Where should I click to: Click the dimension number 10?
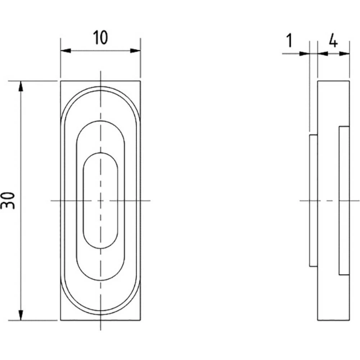100,38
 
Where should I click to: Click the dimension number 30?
8,201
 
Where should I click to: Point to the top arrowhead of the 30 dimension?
21,86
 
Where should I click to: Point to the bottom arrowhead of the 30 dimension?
21,315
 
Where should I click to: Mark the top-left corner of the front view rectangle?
60,81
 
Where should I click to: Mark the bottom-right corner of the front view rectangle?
140,320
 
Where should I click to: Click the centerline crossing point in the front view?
100,200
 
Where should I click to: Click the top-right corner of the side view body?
350,81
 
